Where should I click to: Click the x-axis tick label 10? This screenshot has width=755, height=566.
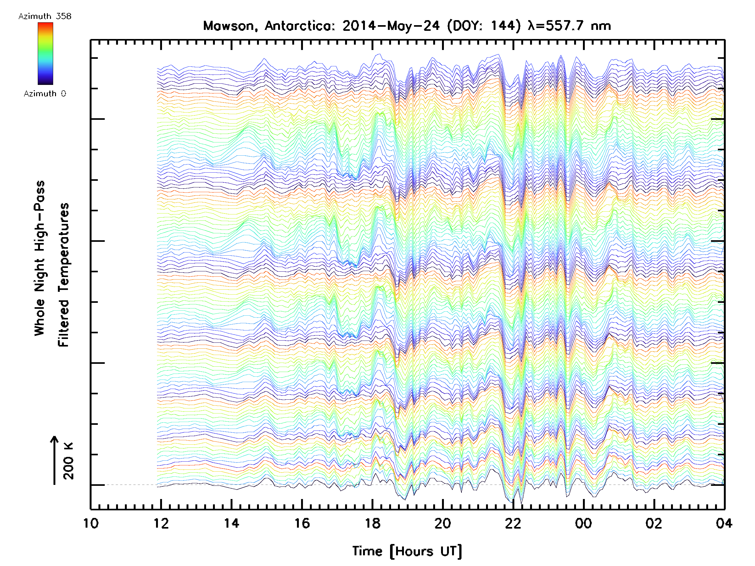point(91,523)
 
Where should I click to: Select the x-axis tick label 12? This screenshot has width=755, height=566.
point(161,523)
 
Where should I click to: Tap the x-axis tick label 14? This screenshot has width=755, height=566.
point(232,523)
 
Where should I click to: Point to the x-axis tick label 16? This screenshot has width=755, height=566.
point(302,523)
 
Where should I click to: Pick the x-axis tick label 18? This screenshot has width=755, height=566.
point(372,523)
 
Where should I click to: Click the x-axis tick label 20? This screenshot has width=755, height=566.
point(443,523)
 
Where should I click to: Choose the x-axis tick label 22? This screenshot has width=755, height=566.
point(513,523)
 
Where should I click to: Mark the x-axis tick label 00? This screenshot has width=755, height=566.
point(583,523)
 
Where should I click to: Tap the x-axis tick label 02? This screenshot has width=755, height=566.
point(654,523)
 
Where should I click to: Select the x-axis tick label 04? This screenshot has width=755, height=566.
point(724,523)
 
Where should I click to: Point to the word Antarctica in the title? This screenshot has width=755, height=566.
point(298,26)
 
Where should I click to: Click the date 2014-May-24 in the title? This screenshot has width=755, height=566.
point(391,26)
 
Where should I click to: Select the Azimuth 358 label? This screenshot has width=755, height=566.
point(45,16)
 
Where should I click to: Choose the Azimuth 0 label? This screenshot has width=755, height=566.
point(45,93)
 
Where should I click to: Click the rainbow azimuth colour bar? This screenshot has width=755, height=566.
point(45,53)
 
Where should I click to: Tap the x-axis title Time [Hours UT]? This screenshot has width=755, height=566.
point(407,551)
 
